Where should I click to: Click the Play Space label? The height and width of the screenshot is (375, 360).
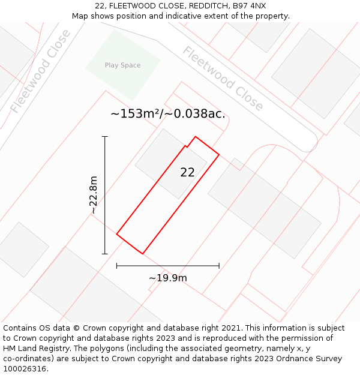coord(122,65)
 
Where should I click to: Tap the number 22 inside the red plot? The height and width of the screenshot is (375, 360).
coord(187,172)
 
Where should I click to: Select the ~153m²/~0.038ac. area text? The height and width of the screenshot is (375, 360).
coord(168,113)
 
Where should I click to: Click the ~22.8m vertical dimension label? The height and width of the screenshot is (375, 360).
coord(94,195)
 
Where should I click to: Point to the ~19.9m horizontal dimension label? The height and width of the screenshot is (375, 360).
coord(168,278)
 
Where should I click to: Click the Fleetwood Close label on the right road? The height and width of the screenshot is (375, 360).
coord(223,78)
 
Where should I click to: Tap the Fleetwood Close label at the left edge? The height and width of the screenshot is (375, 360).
coord(41,71)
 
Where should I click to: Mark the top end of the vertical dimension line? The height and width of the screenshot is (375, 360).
coord(105,137)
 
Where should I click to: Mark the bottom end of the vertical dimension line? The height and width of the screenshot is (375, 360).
coord(105,254)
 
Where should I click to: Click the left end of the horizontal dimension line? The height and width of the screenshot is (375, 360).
coord(116,265)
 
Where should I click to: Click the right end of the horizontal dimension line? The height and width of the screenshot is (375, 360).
coord(219,265)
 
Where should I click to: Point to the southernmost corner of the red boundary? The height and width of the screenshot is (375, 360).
coord(142,254)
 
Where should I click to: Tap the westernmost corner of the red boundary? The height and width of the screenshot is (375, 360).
coord(116,234)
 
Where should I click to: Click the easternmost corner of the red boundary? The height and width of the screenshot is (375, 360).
coord(219,155)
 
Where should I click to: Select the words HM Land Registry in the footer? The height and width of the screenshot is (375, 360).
coord(32,349)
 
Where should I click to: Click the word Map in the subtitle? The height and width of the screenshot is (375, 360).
coord(80,16)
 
